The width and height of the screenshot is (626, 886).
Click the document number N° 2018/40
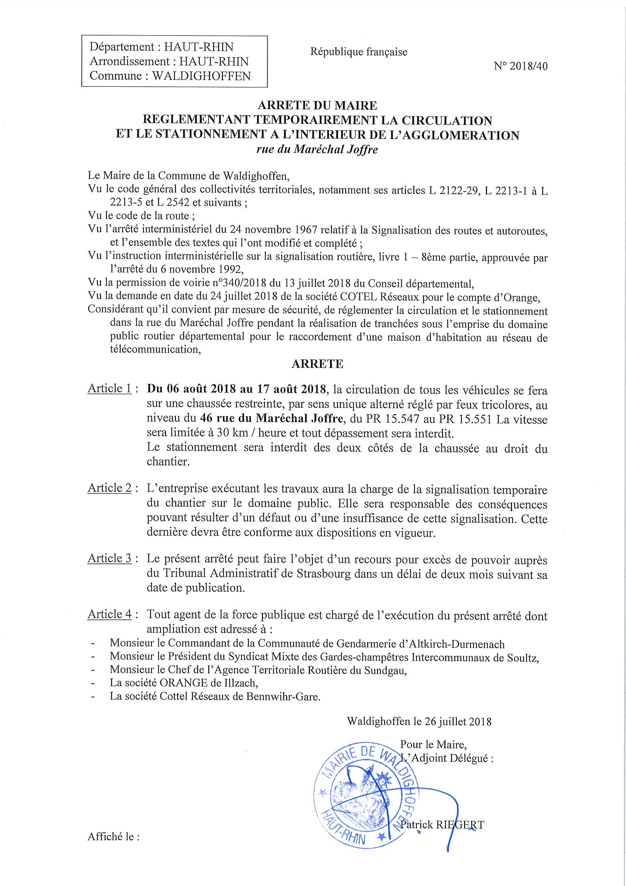click(x=520, y=66)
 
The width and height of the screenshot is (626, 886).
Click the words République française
click(x=358, y=52)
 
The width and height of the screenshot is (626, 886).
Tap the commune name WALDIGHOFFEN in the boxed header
click(x=201, y=76)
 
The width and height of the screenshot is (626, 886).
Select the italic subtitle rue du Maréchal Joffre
click(x=317, y=150)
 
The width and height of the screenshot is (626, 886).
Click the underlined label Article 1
click(x=109, y=389)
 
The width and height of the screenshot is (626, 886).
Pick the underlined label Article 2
click(x=109, y=488)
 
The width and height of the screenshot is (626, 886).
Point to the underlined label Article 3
click(x=109, y=559)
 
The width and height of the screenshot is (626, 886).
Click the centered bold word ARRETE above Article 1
click(x=317, y=364)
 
